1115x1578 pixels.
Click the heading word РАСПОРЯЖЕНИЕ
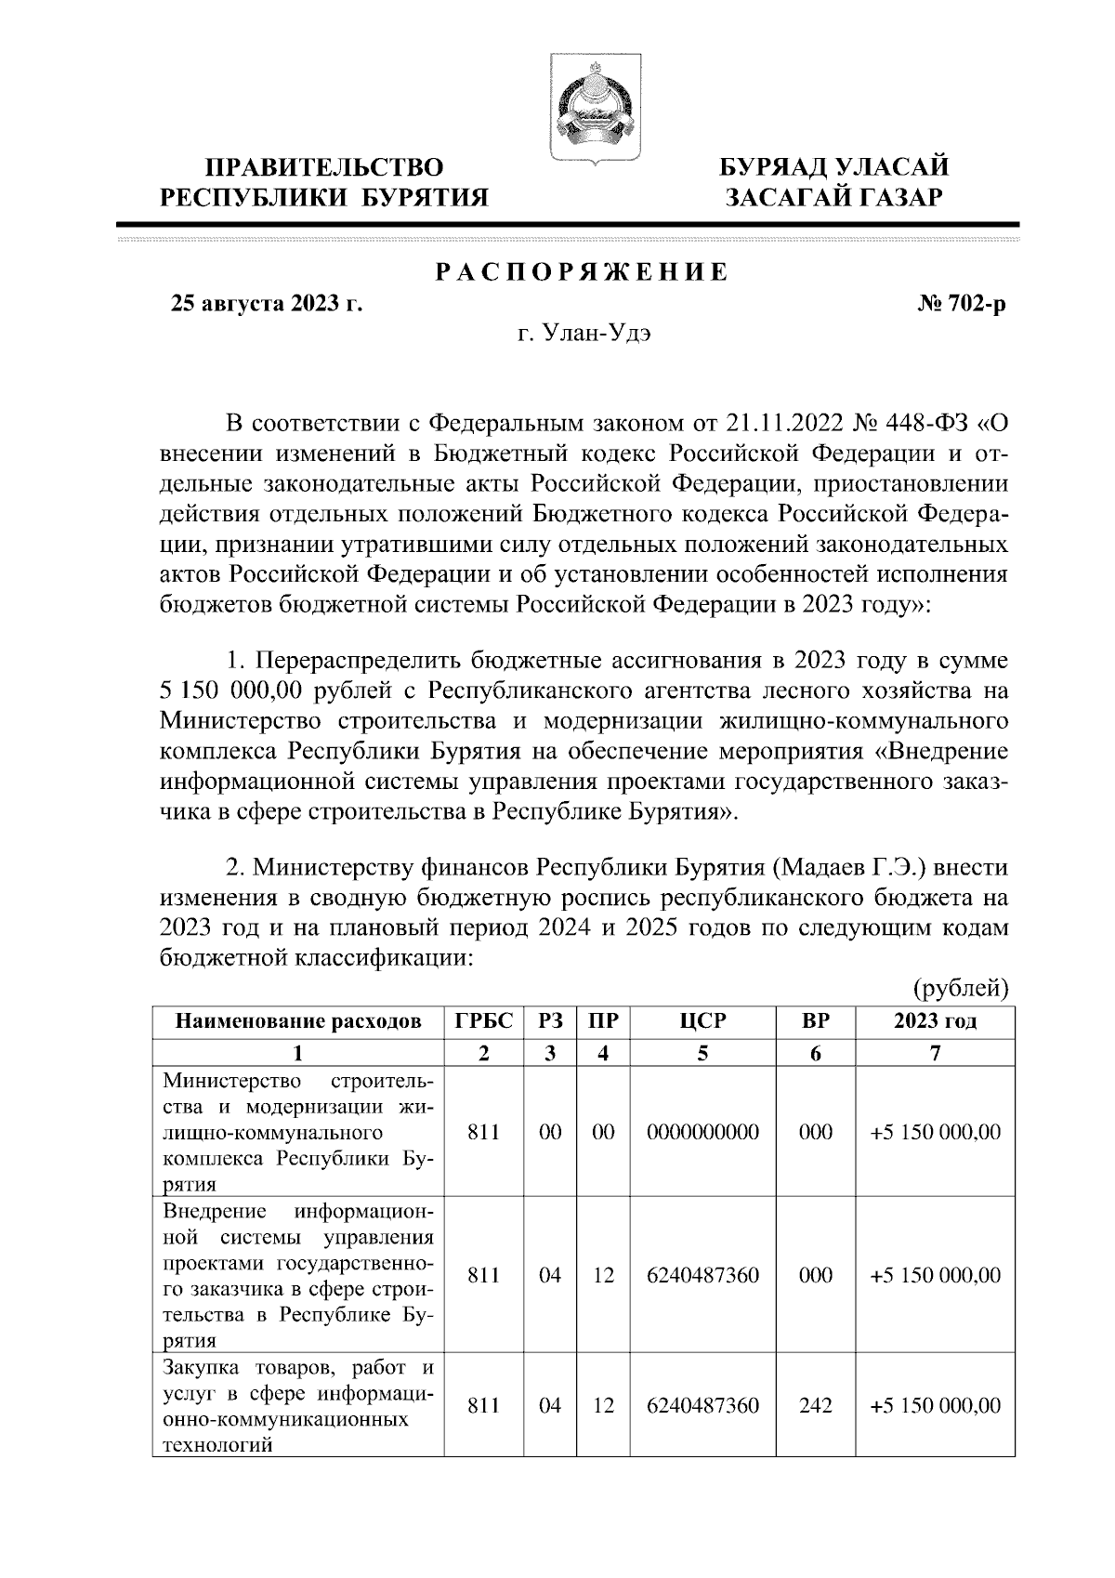click(x=582, y=272)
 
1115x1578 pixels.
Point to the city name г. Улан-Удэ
click(x=584, y=335)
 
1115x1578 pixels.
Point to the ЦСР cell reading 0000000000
click(x=702, y=1132)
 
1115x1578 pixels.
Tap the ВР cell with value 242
click(x=816, y=1405)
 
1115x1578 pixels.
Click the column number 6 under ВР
click(x=816, y=1053)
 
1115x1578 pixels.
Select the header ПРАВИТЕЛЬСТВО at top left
click(x=324, y=168)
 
